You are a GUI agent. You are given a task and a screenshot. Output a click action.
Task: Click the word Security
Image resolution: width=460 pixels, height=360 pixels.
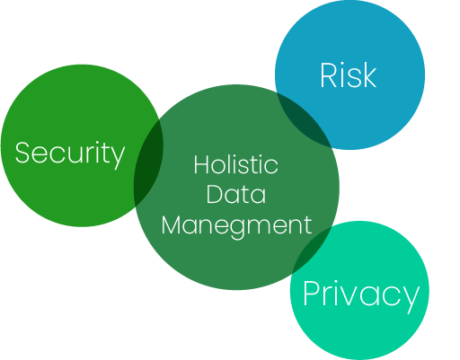pos(70,154)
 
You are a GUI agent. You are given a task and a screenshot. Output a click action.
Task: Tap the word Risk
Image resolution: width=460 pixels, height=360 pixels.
pos(348,75)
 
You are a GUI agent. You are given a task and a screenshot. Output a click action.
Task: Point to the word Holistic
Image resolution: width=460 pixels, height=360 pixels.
pos(235,164)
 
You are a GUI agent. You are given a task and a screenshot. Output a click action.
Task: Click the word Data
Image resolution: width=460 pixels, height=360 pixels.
pos(235,194)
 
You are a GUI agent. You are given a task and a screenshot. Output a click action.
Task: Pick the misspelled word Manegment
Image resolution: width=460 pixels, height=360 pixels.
pos(236,226)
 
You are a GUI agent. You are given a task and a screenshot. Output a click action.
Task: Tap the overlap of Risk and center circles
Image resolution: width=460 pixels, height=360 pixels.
pos(305,119)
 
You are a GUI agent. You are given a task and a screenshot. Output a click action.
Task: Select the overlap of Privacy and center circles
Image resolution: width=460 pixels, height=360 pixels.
pos(312,249)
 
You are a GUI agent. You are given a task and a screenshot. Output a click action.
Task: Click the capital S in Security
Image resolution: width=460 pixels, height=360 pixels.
pos(22,153)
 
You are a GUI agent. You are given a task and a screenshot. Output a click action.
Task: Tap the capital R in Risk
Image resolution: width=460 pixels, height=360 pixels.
pos(329,75)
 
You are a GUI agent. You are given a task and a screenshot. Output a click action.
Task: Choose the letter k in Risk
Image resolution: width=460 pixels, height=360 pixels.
pos(369,75)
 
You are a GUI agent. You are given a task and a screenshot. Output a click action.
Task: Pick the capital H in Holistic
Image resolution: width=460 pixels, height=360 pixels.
pos(200,164)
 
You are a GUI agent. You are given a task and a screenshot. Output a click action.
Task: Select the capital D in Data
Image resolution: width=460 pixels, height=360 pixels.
pos(214,194)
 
